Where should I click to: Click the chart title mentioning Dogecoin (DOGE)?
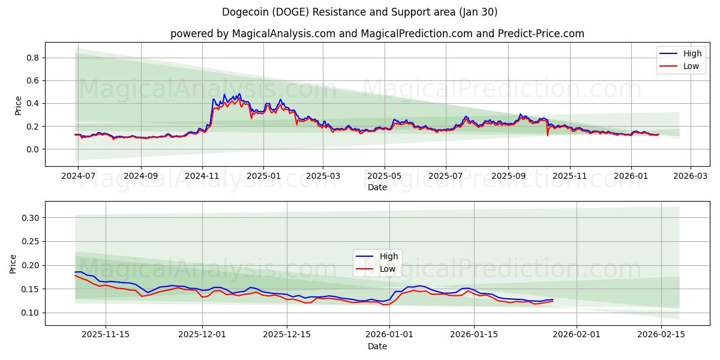pyautogui.click(x=359, y=12)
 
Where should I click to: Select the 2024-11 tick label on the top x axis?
pyautogui.click(x=202, y=176)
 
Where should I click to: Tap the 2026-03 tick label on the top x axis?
pyautogui.click(x=690, y=176)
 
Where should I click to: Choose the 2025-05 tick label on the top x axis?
pyautogui.click(x=384, y=176)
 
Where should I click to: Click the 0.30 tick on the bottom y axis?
pyautogui.click(x=29, y=218)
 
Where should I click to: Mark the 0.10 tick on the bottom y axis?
pyautogui.click(x=29, y=313)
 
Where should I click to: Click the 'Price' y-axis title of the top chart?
pyautogui.click(x=18, y=105)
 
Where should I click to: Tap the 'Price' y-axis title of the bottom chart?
pyautogui.click(x=13, y=264)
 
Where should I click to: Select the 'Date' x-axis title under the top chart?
pyautogui.click(x=377, y=187)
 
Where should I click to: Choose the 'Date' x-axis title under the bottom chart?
pyautogui.click(x=377, y=347)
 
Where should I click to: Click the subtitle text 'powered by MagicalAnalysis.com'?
pyautogui.click(x=253, y=34)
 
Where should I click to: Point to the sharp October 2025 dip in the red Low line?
pyautogui.click(x=547, y=135)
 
